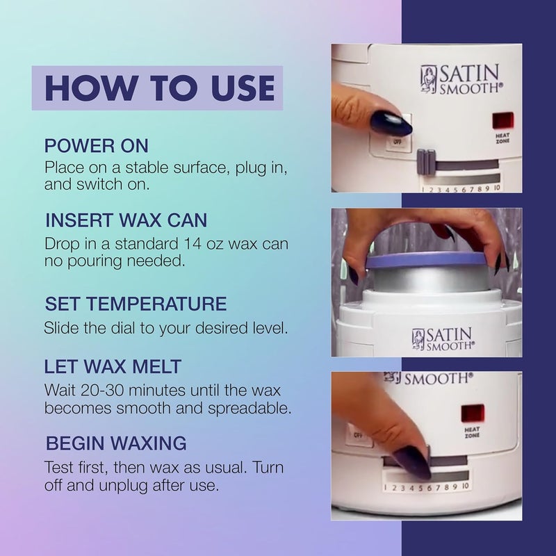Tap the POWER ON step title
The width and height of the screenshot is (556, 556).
click(x=97, y=147)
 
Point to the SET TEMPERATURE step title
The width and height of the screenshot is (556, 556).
click(x=136, y=304)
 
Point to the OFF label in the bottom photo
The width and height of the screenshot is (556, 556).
click(x=359, y=434)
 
